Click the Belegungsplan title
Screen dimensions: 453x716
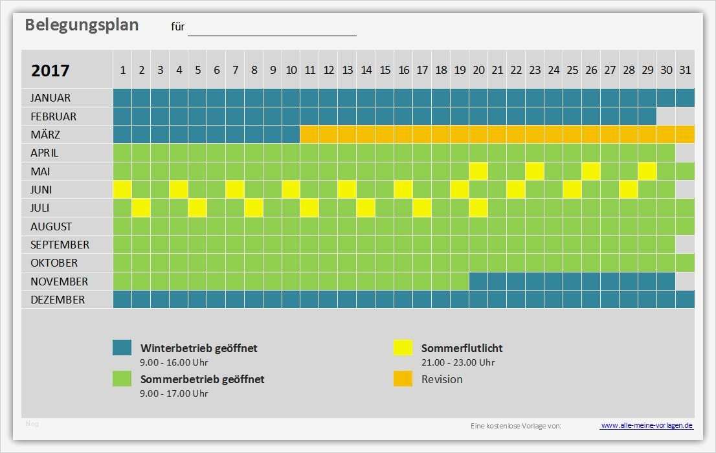pos(82,25)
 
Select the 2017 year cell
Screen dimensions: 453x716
pos(50,71)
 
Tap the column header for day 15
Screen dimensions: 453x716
pos(385,70)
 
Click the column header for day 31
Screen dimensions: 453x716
pos(685,70)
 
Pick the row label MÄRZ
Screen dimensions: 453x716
pos(45,135)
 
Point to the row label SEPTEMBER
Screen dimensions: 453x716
pos(60,245)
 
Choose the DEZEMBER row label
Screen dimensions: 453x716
pos(57,300)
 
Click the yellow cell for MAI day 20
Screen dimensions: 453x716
pos(478,171)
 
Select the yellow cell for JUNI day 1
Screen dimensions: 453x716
pos(122,190)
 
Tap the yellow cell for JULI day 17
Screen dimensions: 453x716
pos(422,208)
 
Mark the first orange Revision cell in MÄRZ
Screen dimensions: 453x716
pos(309,135)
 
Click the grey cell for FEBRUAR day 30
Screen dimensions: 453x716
pos(666,116)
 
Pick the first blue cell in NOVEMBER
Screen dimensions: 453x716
pos(478,282)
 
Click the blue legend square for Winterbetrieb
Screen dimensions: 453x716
pos(122,348)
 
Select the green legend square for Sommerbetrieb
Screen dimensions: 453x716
pos(122,379)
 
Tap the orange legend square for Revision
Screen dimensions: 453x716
pos(403,379)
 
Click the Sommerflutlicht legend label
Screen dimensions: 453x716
pos(462,348)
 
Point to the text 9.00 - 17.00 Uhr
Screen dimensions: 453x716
pos(174,393)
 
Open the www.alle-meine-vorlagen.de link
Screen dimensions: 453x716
pos(647,425)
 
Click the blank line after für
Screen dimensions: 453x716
pos(272,28)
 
